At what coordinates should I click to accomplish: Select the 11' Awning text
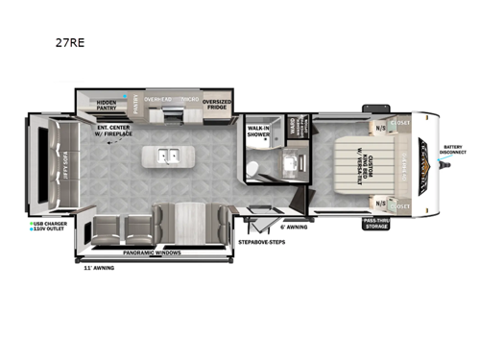coord(99,268)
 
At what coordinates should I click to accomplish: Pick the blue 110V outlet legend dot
coord(32,230)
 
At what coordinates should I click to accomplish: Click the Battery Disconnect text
coord(454,149)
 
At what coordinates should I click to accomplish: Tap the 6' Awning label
coord(293,228)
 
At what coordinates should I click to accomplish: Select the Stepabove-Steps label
coord(260,242)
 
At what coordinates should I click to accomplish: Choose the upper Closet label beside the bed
coord(400,123)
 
